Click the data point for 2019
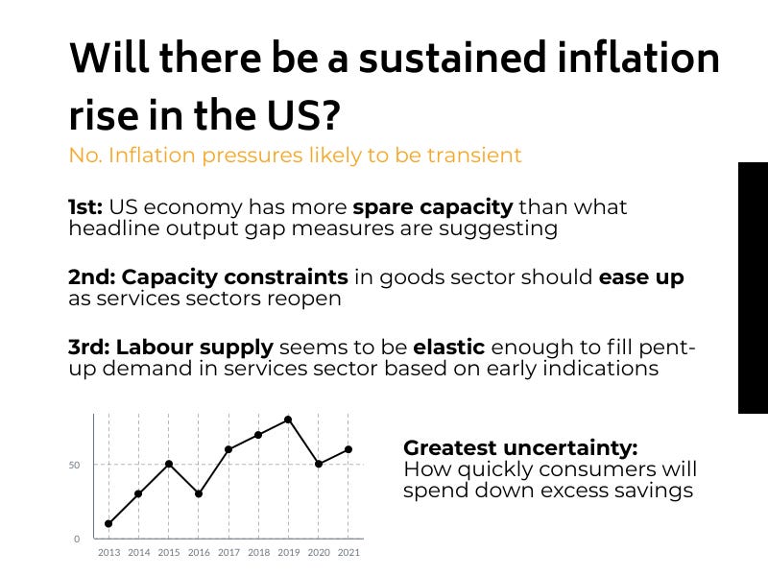[x=288, y=420]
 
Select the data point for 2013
[x=108, y=523]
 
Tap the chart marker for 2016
[x=199, y=493]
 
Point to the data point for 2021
[x=348, y=449]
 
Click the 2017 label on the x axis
[x=228, y=553]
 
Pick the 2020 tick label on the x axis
[x=318, y=553]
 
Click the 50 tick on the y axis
[x=74, y=465]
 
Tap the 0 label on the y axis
[x=78, y=539]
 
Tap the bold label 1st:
[x=85, y=207]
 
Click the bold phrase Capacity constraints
[x=235, y=278]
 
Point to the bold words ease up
[x=641, y=278]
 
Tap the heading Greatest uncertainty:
[x=519, y=448]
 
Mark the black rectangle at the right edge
[x=753, y=288]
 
